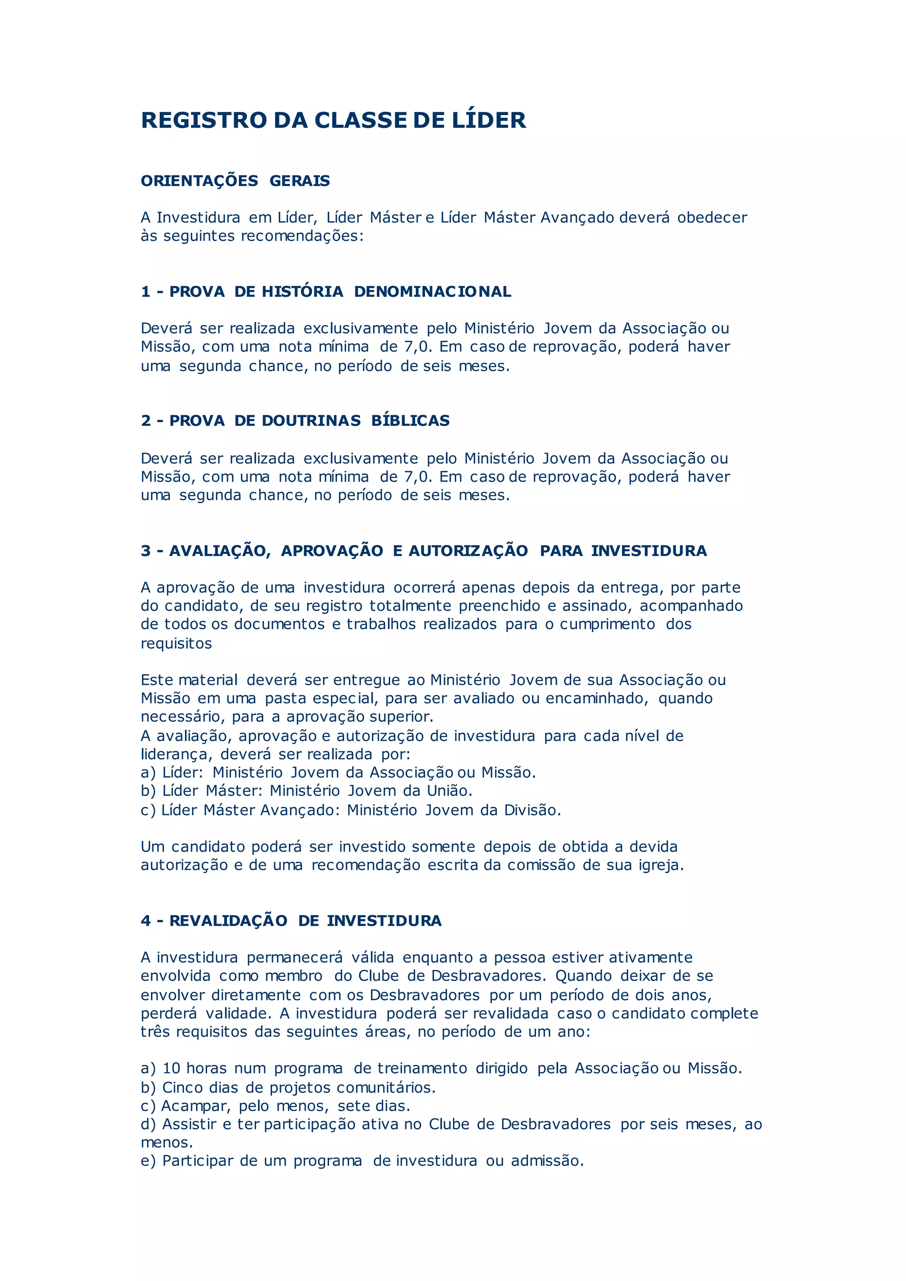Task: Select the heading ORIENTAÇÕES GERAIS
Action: (x=235, y=181)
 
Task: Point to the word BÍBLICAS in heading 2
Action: (x=410, y=421)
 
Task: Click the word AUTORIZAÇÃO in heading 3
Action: (x=468, y=551)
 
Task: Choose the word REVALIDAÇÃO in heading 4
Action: (x=228, y=921)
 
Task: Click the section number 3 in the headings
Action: (x=146, y=551)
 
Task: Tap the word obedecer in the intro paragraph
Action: (x=712, y=218)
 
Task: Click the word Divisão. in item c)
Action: (x=533, y=810)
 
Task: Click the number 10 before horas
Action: (x=171, y=1068)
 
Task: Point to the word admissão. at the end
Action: (x=547, y=1161)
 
